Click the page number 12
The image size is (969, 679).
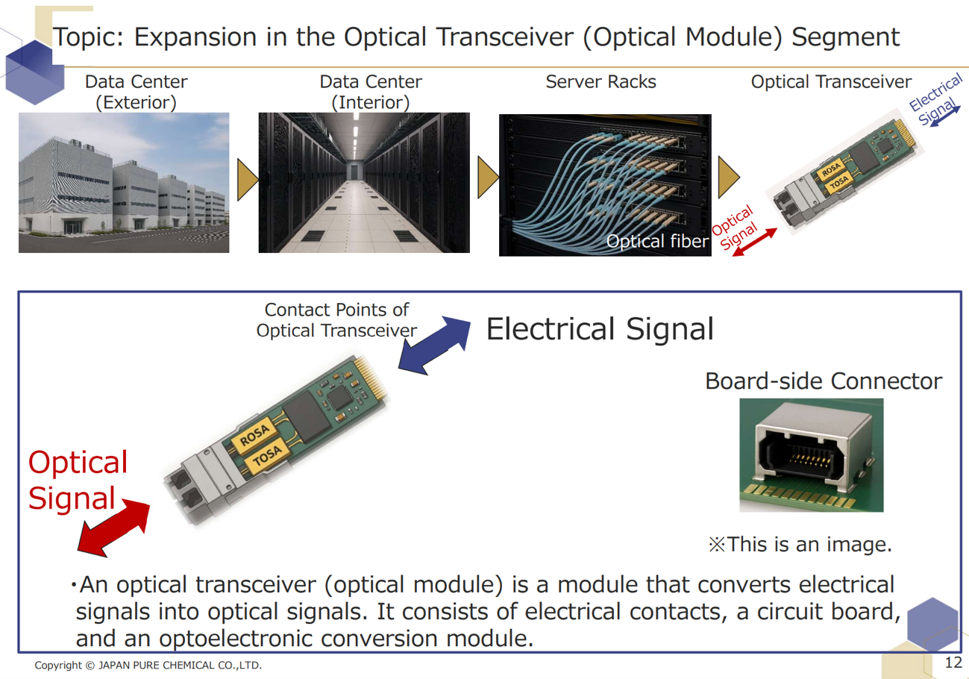click(x=953, y=663)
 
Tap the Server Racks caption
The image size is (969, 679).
click(x=600, y=82)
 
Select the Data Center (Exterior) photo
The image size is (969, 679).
click(x=123, y=182)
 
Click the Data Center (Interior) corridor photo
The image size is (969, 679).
click(x=364, y=184)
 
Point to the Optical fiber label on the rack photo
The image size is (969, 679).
click(x=656, y=241)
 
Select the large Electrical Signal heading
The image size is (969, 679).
click(x=600, y=329)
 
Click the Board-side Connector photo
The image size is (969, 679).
click(x=811, y=455)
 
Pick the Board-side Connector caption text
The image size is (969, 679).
click(x=824, y=382)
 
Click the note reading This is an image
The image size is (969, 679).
click(x=800, y=544)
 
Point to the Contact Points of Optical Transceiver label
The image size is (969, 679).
click(x=336, y=319)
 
